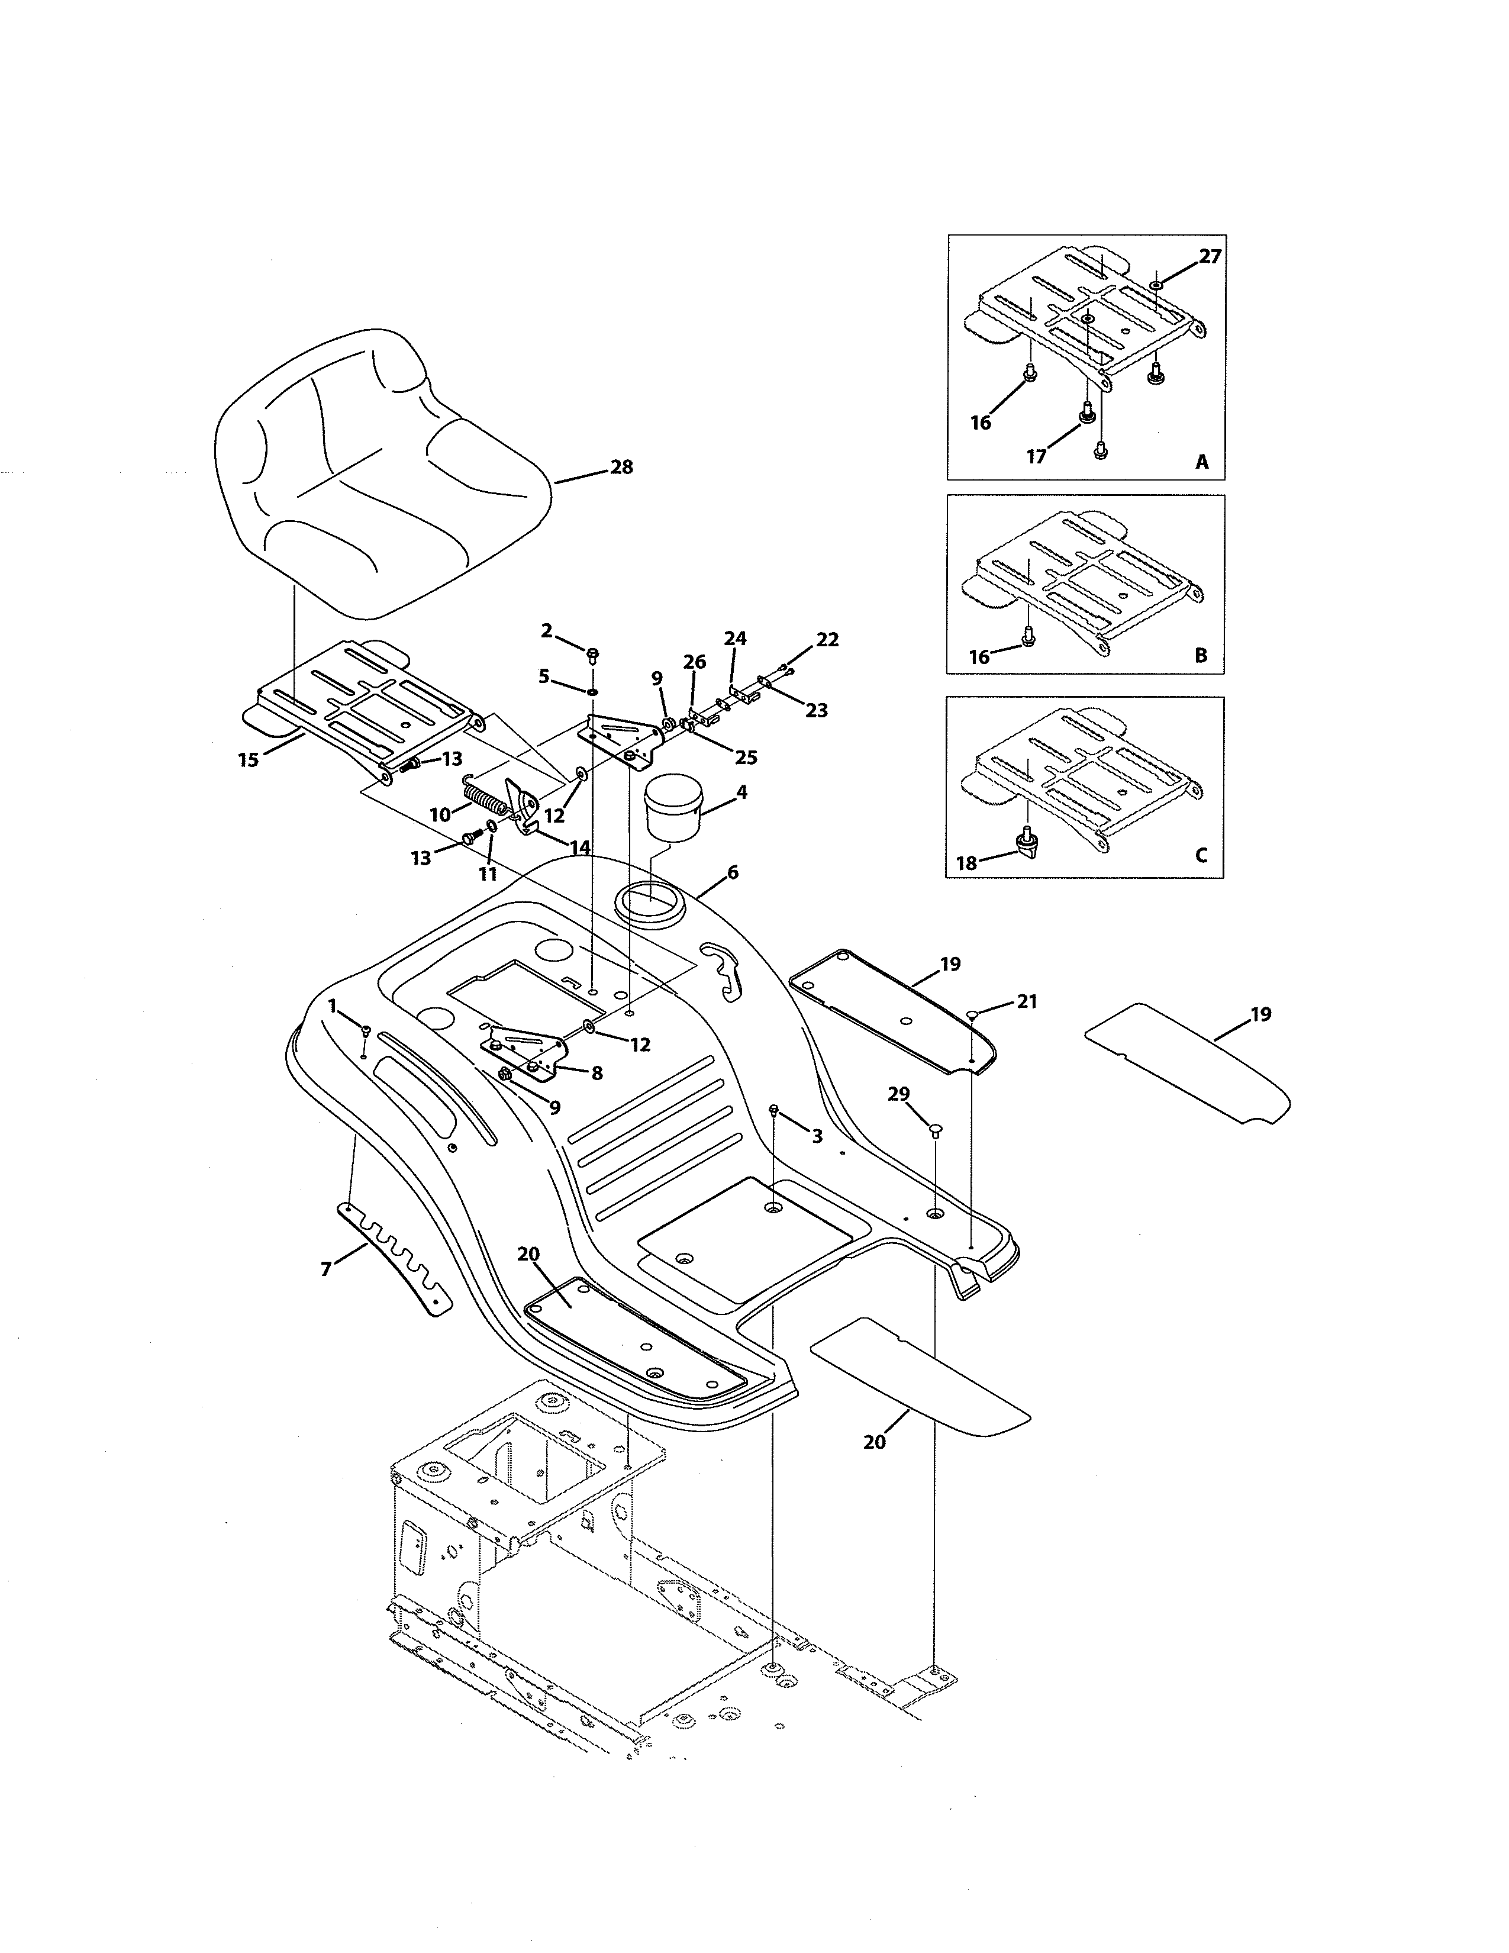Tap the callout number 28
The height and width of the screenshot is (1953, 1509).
621,467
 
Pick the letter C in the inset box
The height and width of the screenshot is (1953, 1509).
1201,855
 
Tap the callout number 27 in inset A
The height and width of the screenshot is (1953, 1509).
1210,257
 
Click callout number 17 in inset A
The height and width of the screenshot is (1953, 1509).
1036,457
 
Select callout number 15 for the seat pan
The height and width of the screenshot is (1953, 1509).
249,759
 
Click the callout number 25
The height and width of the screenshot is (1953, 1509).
746,758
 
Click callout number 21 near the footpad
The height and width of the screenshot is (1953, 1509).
1027,1001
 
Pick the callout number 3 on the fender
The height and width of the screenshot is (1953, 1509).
816,1136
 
